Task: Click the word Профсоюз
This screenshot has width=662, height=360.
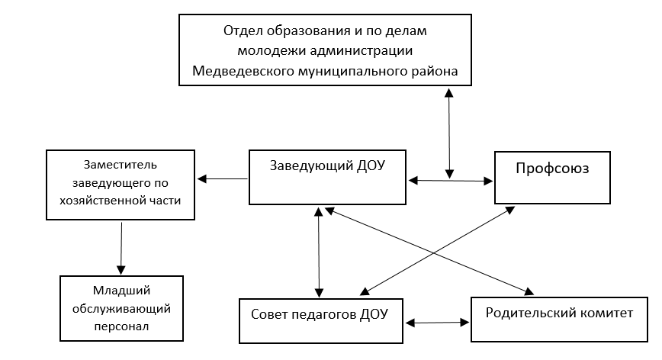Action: point(552,169)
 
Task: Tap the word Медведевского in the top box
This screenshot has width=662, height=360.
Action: point(243,71)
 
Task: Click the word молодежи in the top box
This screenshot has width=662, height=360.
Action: point(272,50)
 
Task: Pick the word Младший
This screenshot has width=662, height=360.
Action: point(121,291)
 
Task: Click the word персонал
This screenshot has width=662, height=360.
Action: point(121,326)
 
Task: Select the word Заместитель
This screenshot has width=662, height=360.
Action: point(121,165)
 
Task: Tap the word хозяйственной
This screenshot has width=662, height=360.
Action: point(101,201)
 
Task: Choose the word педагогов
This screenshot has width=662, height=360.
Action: point(321,315)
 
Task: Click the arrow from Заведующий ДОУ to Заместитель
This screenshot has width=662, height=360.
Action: point(223,179)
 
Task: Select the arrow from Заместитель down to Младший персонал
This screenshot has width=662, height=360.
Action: point(121,248)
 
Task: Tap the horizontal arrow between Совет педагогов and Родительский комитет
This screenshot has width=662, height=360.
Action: point(438,323)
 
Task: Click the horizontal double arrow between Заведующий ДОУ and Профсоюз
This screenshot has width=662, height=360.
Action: point(451,181)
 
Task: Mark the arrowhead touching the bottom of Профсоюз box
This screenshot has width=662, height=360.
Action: point(509,210)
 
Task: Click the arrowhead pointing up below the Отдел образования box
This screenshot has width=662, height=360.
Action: point(448,92)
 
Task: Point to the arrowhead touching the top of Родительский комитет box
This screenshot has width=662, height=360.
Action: point(529,291)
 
